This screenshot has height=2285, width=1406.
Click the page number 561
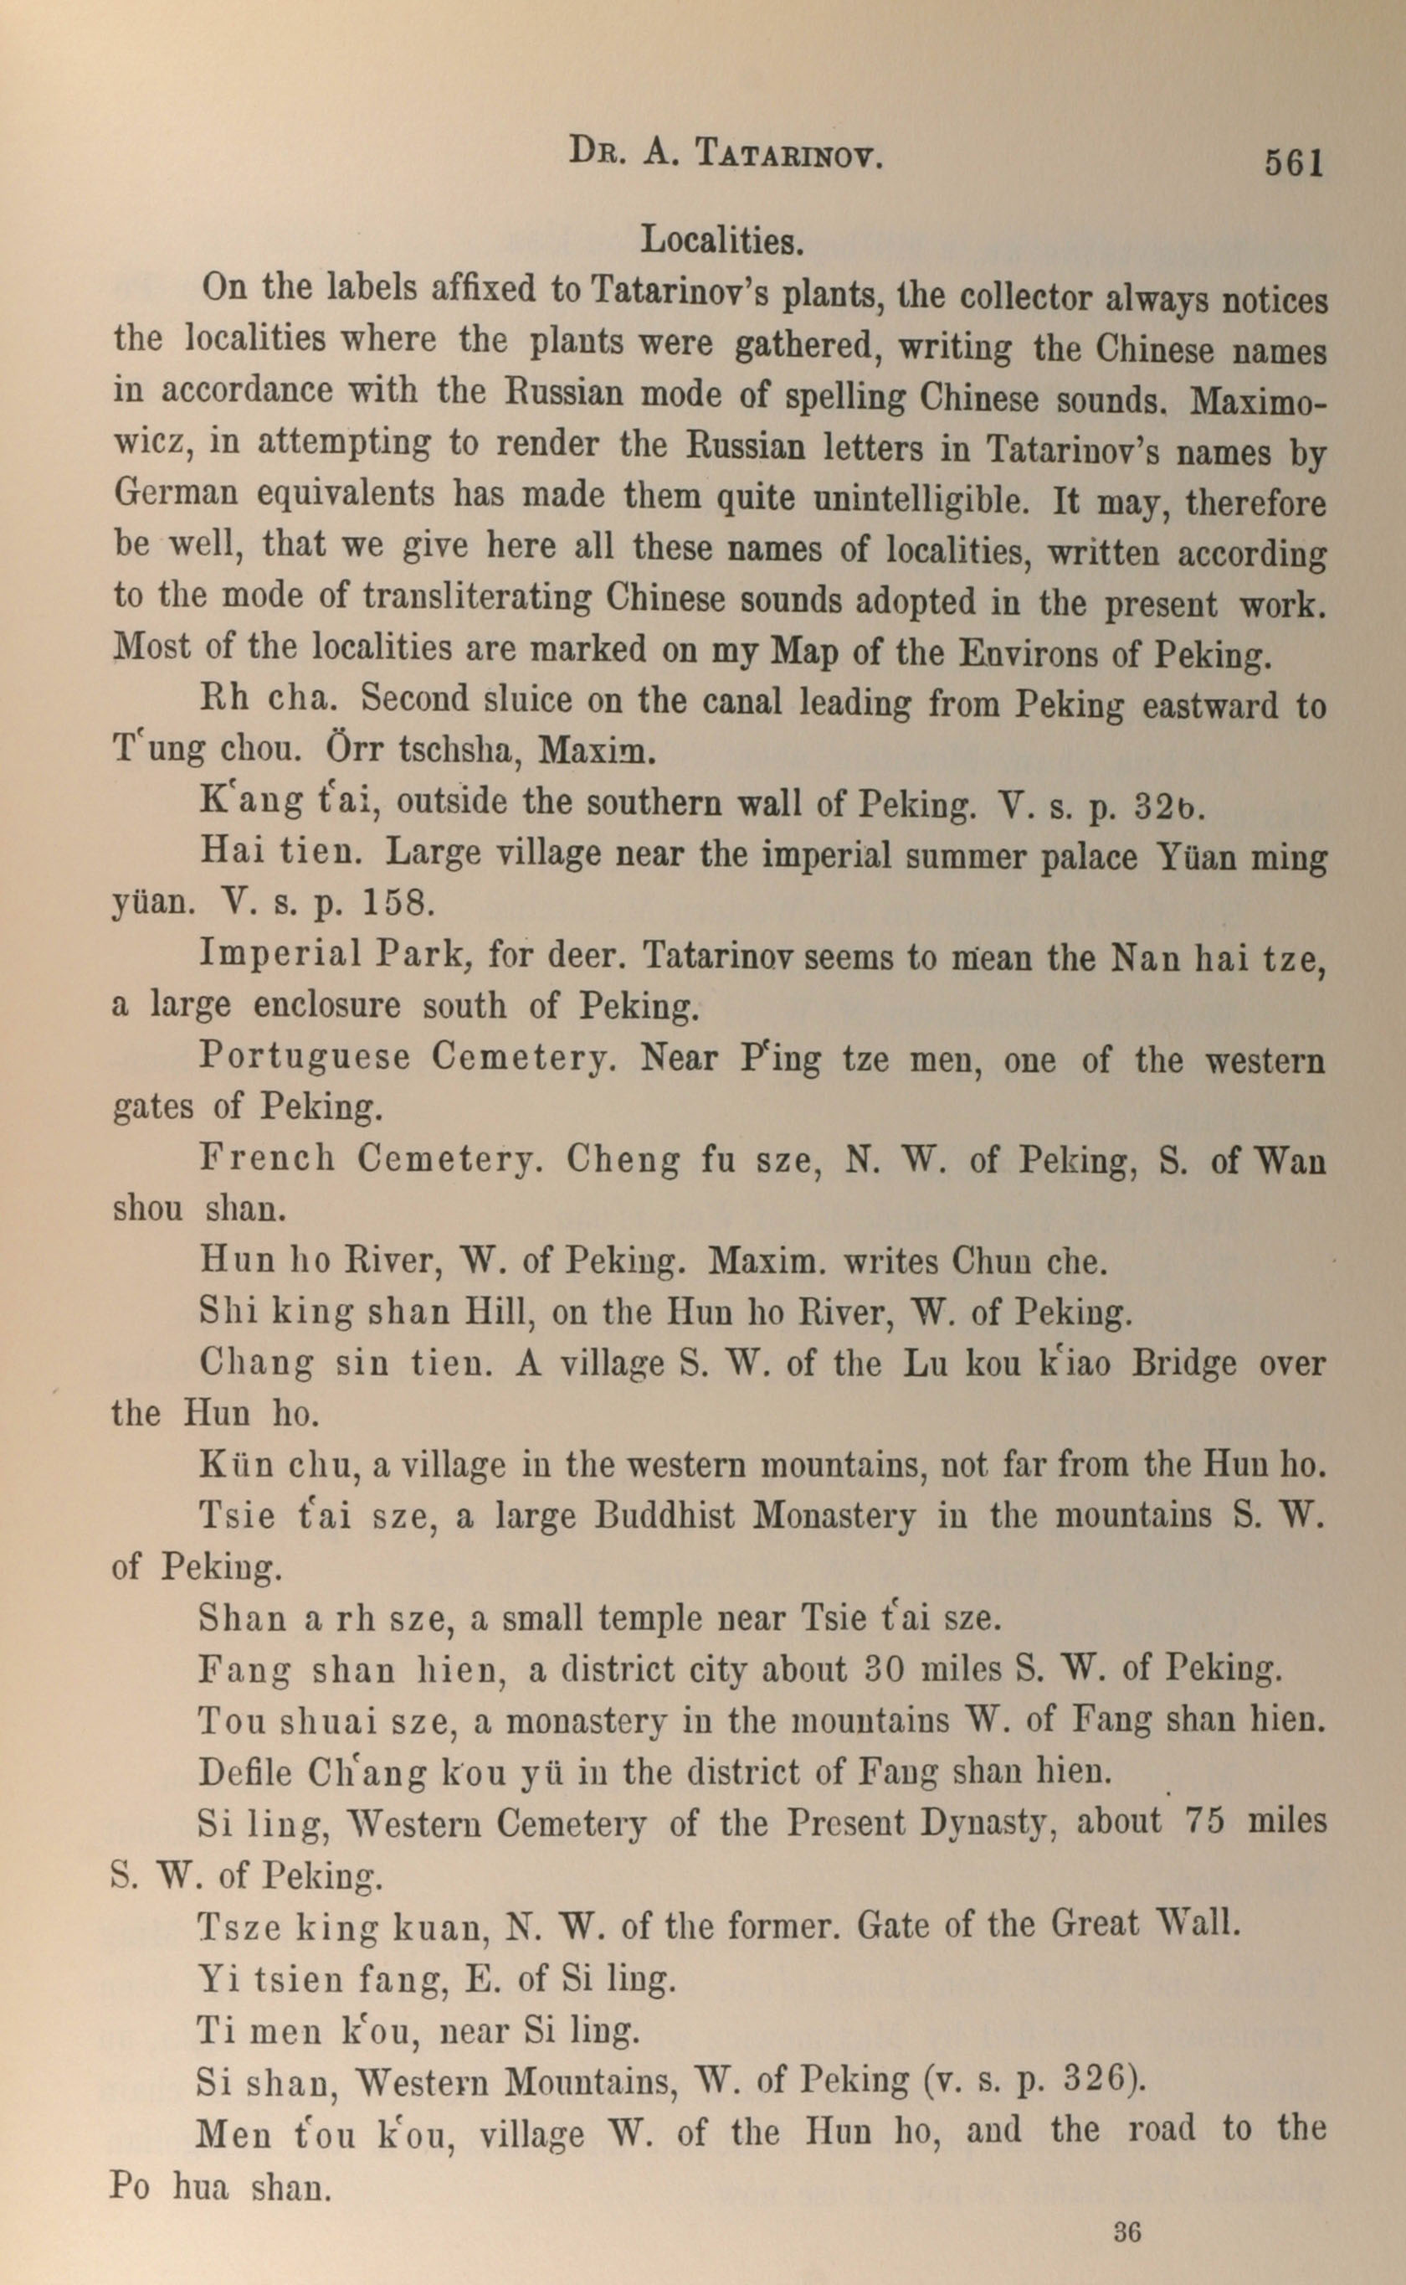[x=1291, y=162]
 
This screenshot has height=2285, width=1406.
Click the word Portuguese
[x=304, y=1057]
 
